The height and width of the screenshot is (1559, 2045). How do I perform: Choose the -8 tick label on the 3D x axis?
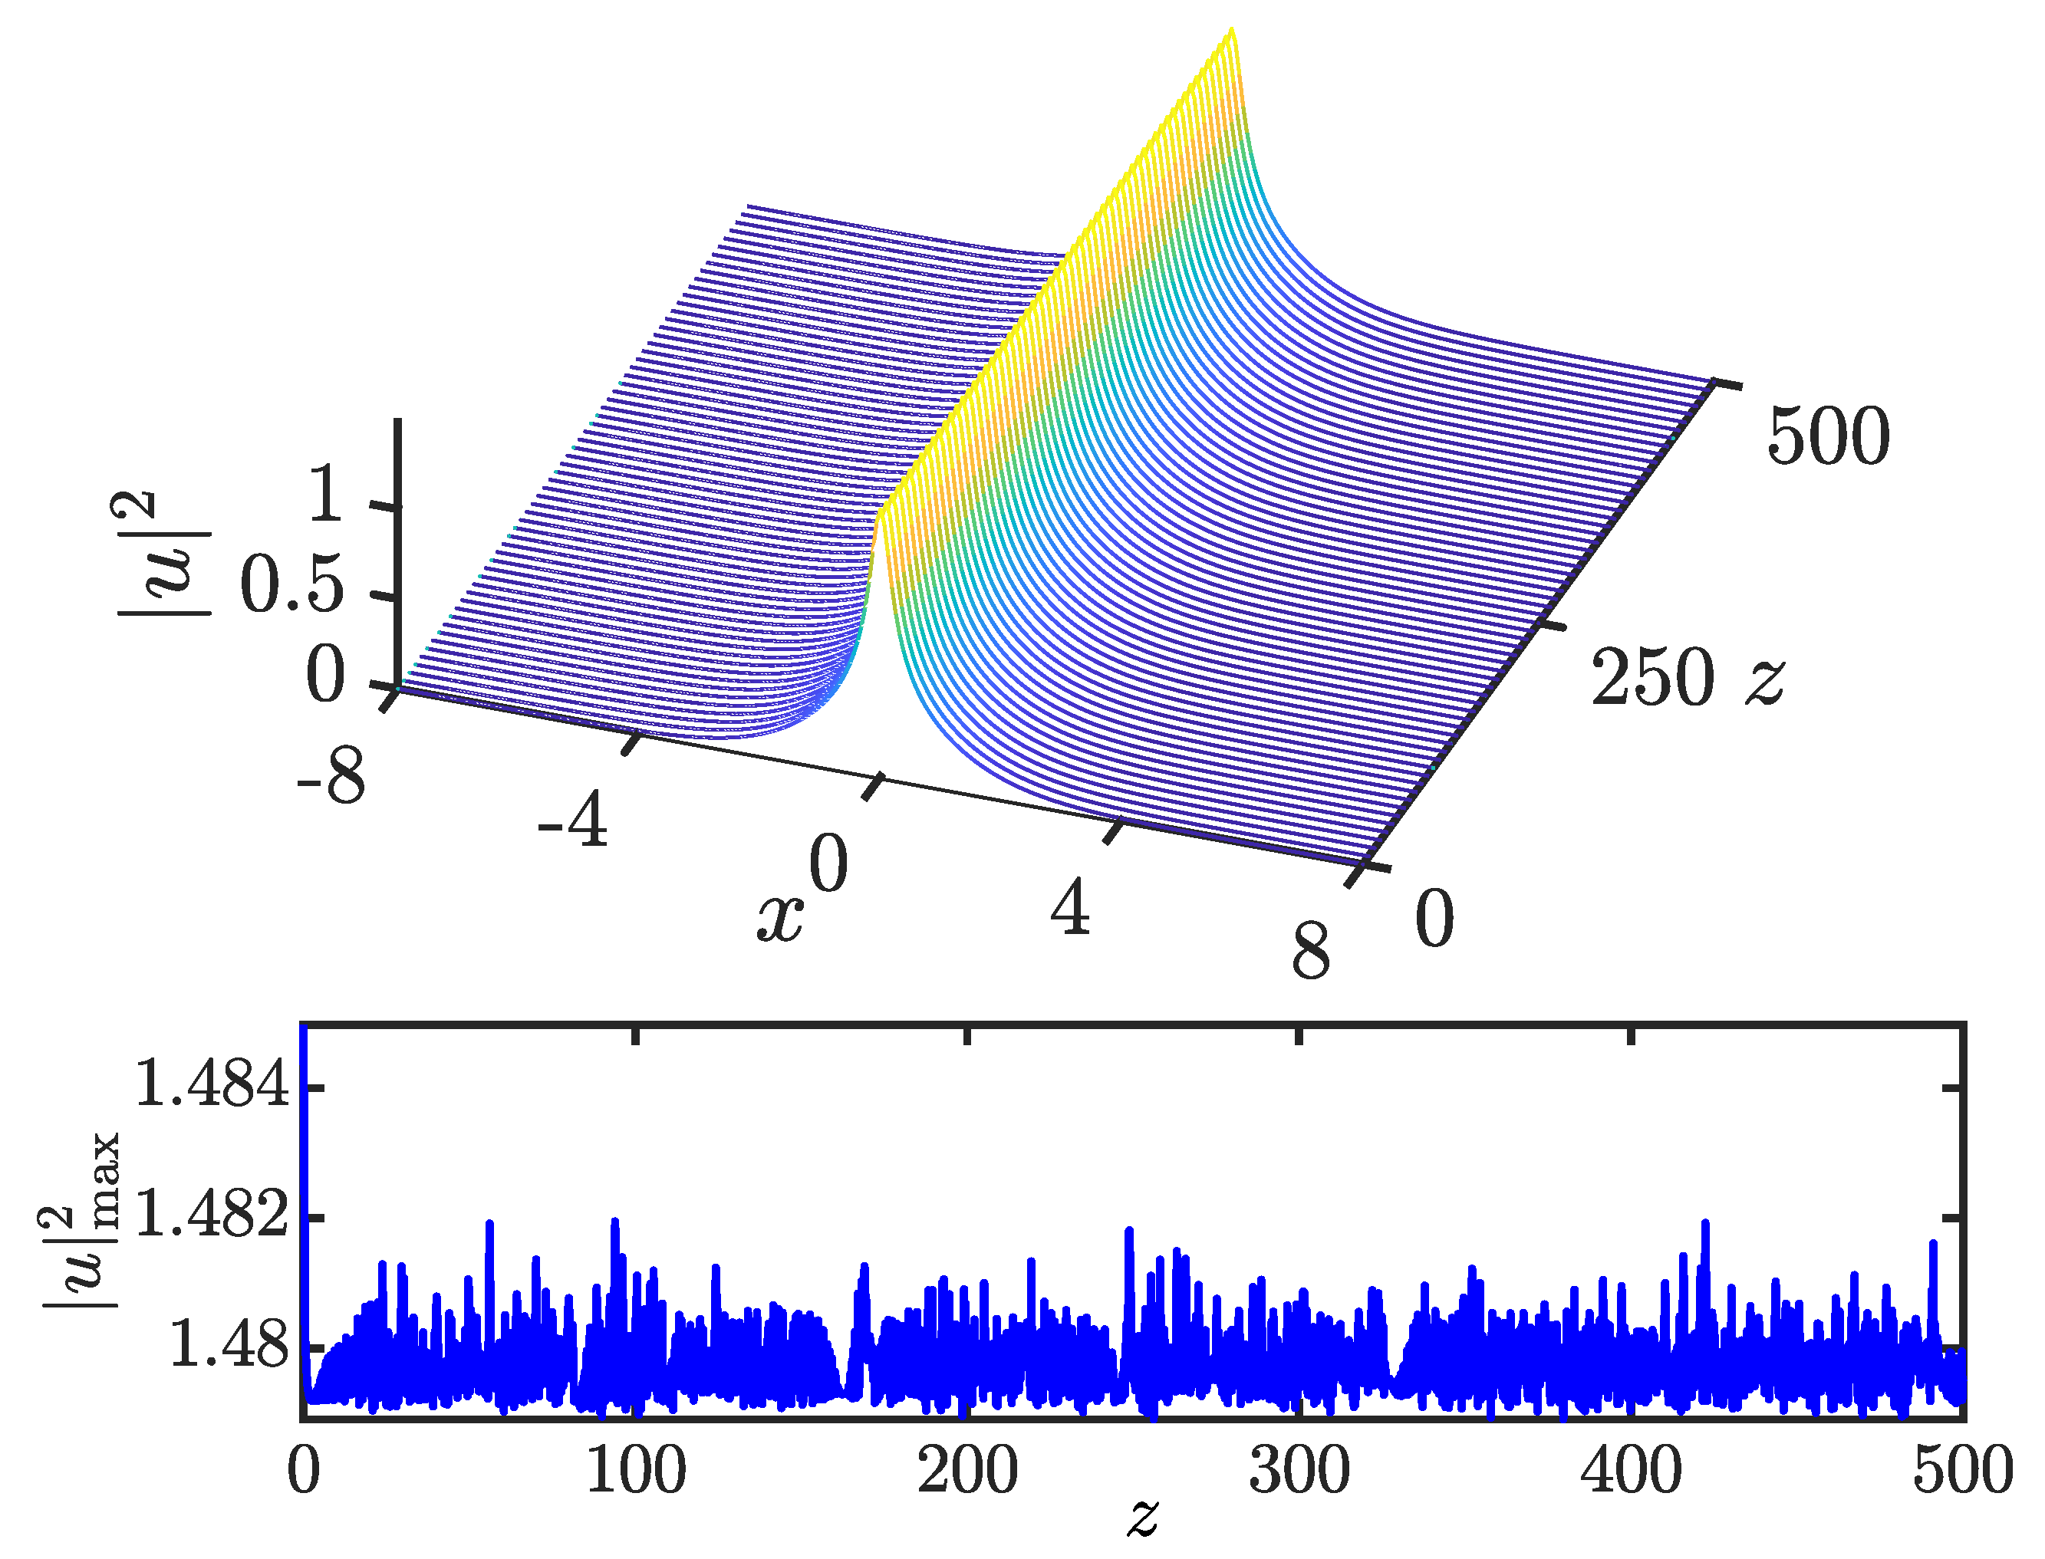[x=331, y=776]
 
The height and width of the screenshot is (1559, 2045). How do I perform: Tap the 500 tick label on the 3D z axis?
[x=1828, y=436]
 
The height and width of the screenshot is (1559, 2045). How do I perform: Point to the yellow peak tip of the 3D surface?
[x=1231, y=31]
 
